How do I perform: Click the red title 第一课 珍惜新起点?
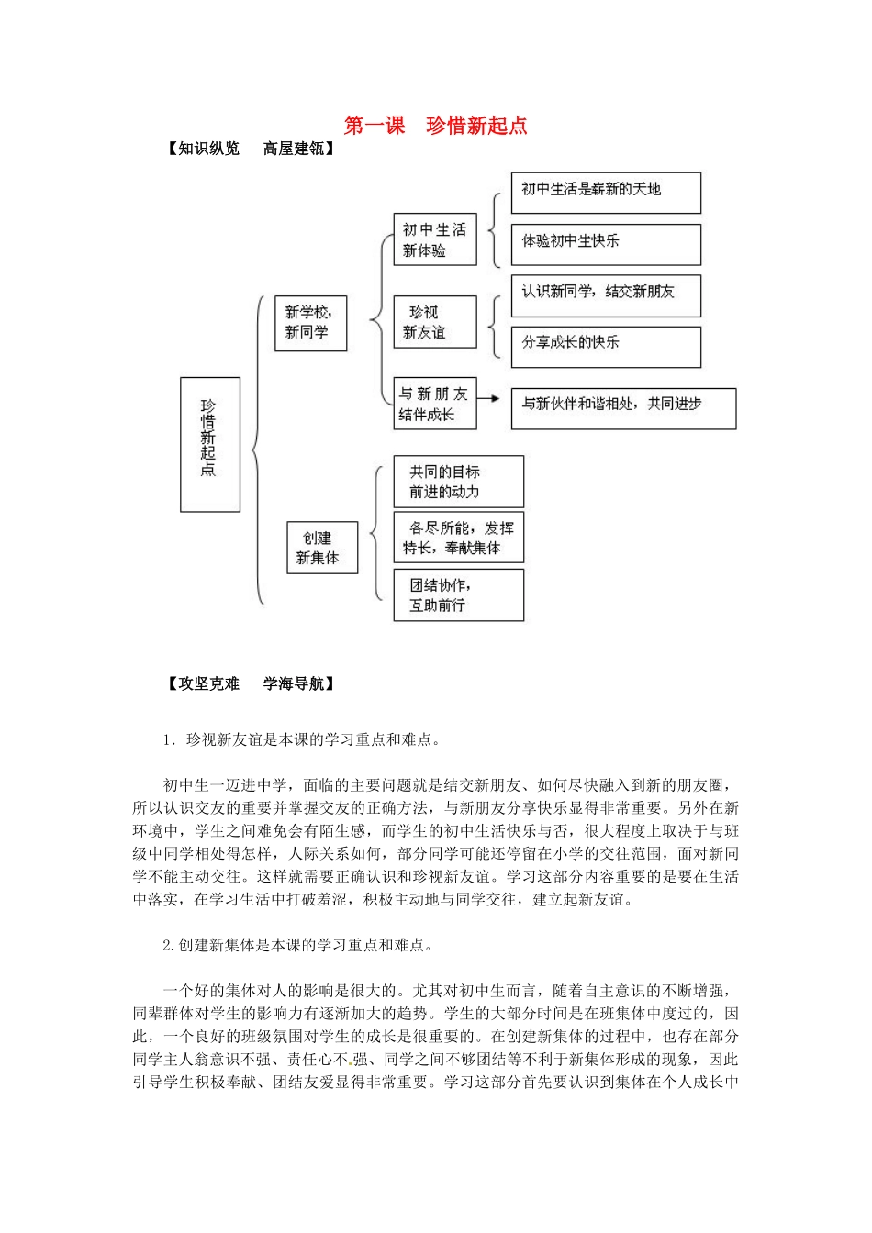pos(436,126)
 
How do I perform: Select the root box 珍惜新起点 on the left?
pos(210,444)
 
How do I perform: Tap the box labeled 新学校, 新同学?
pos(310,323)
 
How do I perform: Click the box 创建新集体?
pos(321,548)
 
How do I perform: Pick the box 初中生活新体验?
pos(435,239)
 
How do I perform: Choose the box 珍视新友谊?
pos(435,322)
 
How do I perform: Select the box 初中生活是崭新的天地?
pos(606,193)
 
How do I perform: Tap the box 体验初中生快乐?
pos(606,244)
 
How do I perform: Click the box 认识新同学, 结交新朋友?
pos(606,295)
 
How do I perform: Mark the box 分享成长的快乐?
pos(606,347)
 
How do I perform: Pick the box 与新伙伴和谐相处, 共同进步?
pos(623,408)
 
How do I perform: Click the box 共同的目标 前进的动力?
pos(458,482)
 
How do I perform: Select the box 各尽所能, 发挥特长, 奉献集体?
pos(458,538)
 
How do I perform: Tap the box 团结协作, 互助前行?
pos(458,594)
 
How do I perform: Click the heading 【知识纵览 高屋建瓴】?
pos(251,149)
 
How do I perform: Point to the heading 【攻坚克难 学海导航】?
pos(251,683)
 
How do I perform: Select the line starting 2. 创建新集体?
pos(297,945)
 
